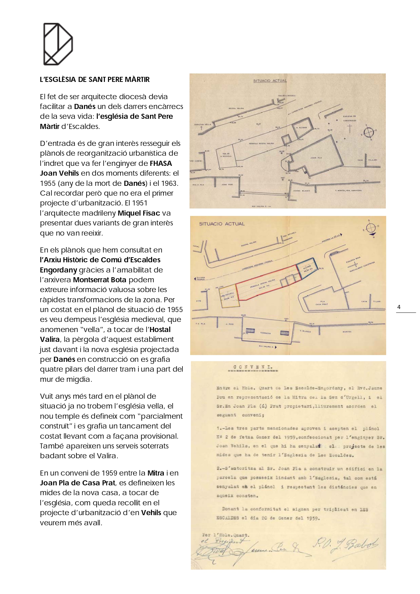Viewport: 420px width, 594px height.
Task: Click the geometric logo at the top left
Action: [58, 44]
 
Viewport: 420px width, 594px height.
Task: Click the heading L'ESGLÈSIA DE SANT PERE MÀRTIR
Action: [95, 80]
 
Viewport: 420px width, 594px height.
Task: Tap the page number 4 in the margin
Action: [399, 307]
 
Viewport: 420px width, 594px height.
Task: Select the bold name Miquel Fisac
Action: [139, 213]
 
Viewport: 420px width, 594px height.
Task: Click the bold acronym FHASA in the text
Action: [161, 163]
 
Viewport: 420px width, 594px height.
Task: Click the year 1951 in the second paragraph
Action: [139, 203]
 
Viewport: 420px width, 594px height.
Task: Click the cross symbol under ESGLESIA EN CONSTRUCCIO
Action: [350, 128]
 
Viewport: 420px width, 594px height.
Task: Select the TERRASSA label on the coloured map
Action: [265, 333]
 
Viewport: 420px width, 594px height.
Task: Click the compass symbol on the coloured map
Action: [371, 228]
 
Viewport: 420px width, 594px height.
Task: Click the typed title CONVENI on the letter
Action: [253, 367]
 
